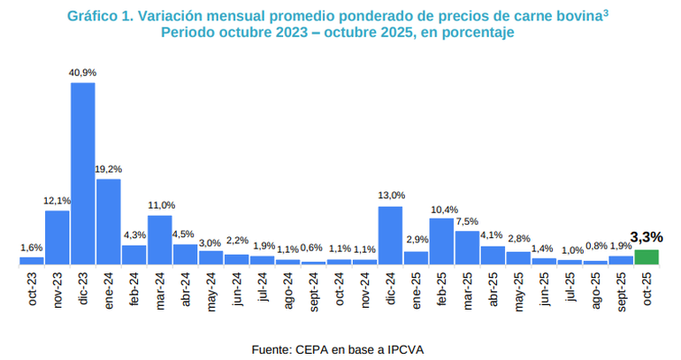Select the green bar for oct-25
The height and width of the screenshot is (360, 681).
pos(647,257)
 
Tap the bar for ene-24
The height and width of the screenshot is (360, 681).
pos(109,221)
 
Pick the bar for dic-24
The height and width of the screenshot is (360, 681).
pos(390,234)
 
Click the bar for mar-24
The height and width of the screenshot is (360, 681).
pos(160,239)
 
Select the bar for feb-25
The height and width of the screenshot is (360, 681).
pos(441,241)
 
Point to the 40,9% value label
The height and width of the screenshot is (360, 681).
pos(83,73)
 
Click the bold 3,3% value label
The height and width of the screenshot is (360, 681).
pos(647,237)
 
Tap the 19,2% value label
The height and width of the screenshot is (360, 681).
pos(109,168)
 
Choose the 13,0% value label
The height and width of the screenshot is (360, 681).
pos(391,195)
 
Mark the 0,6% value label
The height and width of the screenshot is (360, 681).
pos(311,248)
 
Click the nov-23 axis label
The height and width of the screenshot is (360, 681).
pos(58,289)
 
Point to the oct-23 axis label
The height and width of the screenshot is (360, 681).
pos(33,288)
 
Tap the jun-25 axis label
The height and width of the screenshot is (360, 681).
pos(545,288)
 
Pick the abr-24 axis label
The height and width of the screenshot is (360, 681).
pos(186,288)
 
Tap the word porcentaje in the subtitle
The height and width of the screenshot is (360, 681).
pos(471,32)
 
